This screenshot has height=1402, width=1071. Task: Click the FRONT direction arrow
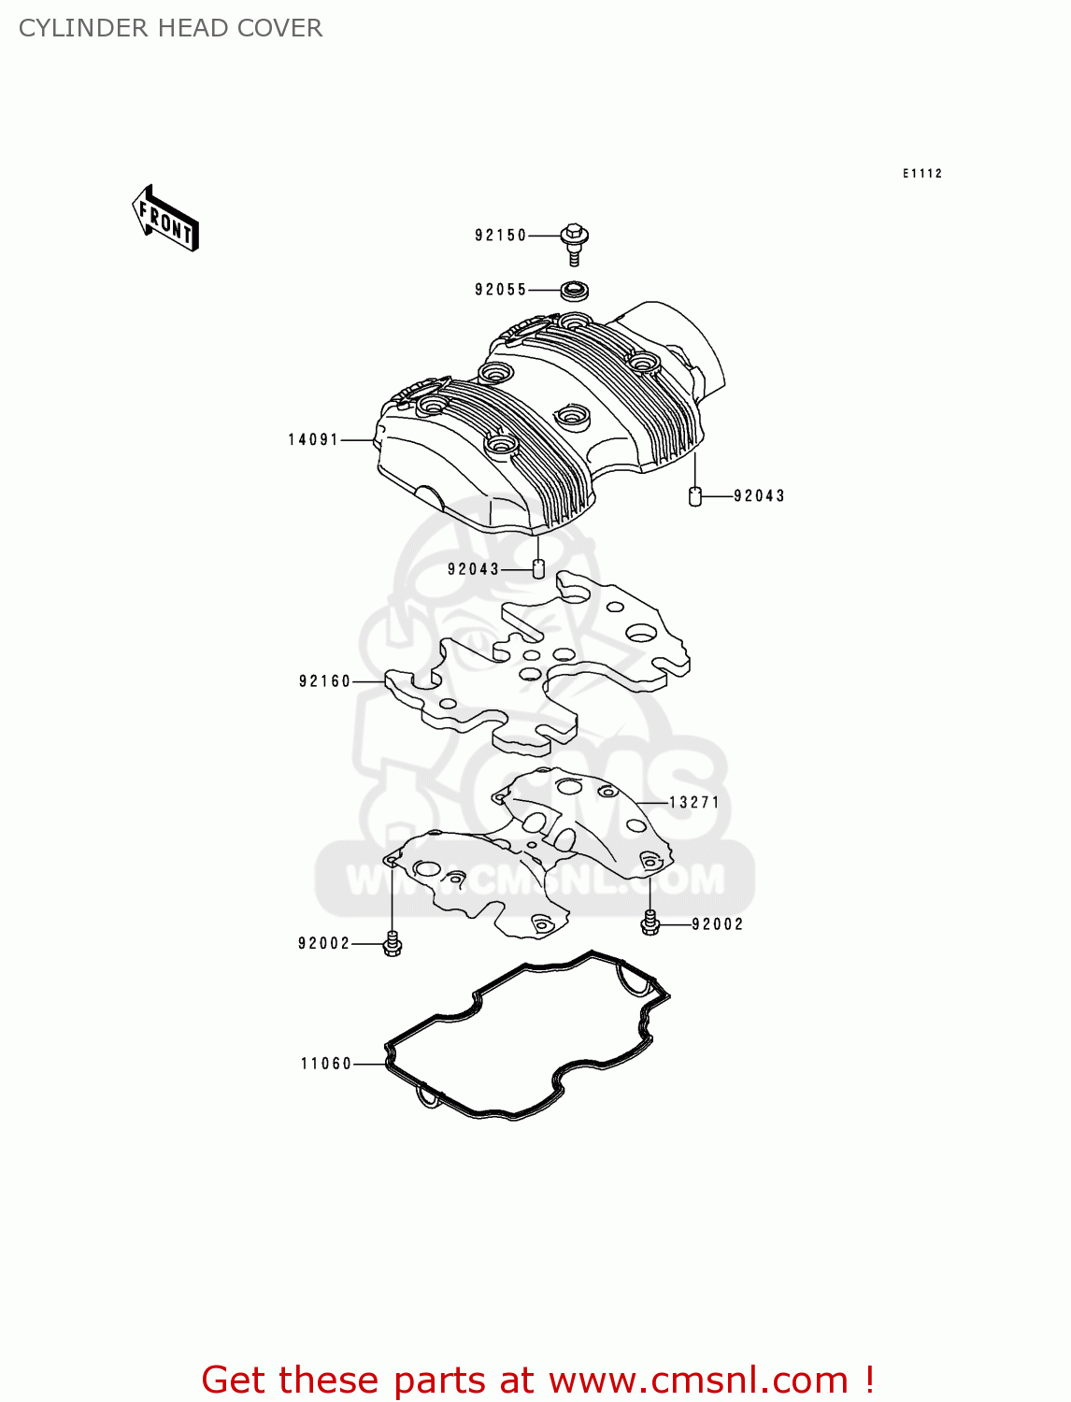(x=166, y=219)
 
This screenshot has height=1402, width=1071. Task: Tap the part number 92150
(x=501, y=236)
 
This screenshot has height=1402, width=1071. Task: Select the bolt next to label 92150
(x=575, y=242)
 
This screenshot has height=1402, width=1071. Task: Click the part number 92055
(x=501, y=290)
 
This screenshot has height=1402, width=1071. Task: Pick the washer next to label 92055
(x=575, y=291)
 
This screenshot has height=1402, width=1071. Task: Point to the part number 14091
(x=313, y=439)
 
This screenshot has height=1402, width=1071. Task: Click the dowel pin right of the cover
(x=694, y=495)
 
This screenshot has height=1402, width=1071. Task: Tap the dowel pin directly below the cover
(x=538, y=567)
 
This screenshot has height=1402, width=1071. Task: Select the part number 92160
(x=325, y=681)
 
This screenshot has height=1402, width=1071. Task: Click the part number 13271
(x=694, y=802)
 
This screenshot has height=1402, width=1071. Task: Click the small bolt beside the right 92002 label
(x=650, y=923)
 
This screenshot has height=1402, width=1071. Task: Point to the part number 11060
(x=326, y=1064)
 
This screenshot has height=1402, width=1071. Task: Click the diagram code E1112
(x=922, y=174)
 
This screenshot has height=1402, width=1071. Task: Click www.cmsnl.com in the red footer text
(x=698, y=1381)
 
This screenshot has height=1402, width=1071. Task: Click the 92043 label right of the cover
(x=759, y=496)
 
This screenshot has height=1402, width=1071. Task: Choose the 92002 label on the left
(x=324, y=944)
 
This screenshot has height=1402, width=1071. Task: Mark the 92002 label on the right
(x=718, y=924)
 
